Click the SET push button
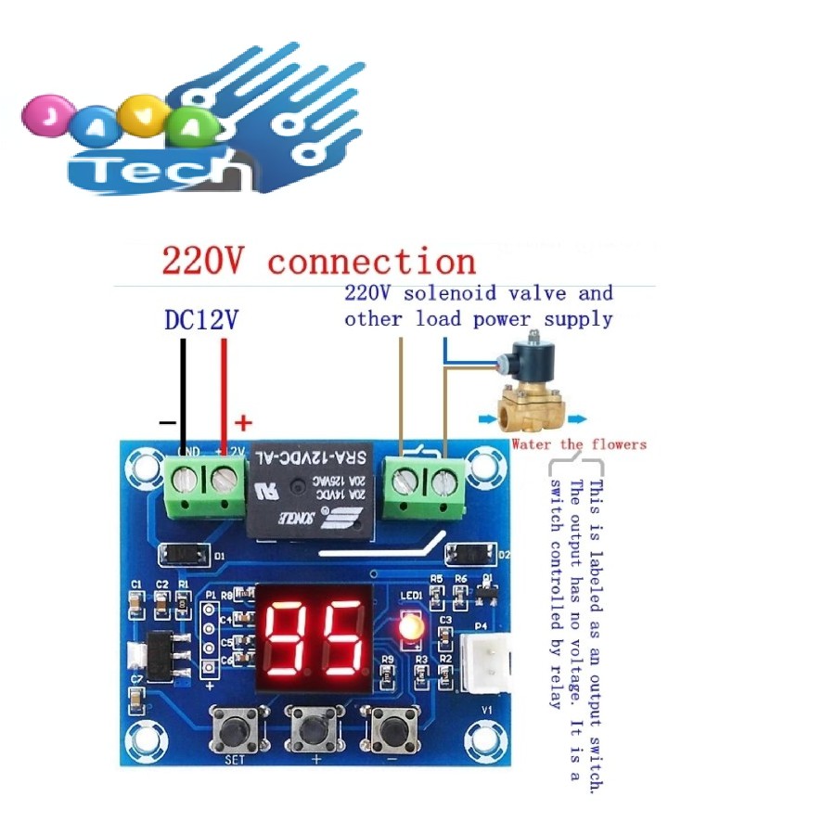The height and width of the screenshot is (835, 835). [236, 729]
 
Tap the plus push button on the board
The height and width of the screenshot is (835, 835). [315, 729]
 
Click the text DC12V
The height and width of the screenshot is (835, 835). [201, 320]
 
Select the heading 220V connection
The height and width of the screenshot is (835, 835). [318, 262]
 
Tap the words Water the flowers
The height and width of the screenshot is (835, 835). [579, 444]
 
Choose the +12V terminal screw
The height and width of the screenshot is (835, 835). [224, 481]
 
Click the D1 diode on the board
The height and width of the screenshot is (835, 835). [185, 555]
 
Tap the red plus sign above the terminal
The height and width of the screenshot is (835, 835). [243, 424]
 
